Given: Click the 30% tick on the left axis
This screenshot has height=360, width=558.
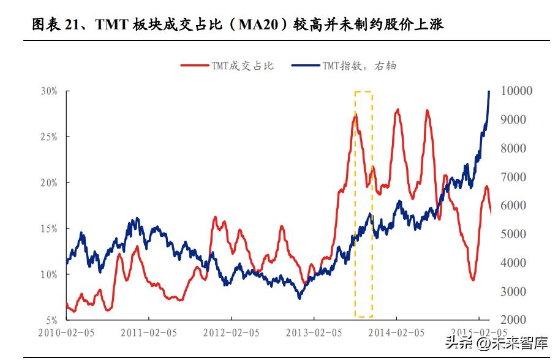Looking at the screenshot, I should pyautogui.click(x=49, y=91).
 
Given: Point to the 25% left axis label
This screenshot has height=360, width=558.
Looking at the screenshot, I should pyautogui.click(x=49, y=137).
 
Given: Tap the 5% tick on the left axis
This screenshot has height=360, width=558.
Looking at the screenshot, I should pyautogui.click(x=51, y=320).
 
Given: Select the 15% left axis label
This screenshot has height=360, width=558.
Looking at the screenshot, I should pyautogui.click(x=49, y=228).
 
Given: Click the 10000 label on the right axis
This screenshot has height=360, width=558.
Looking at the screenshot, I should pyautogui.click(x=517, y=91).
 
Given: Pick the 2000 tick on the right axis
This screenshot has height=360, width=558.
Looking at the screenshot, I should pyautogui.click(x=514, y=320).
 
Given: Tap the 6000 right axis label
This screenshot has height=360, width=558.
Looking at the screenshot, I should pyautogui.click(x=514, y=206).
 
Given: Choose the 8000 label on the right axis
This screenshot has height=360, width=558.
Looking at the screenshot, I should pyautogui.click(x=514, y=148).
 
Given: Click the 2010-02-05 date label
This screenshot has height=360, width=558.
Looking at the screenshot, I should pyautogui.click(x=66, y=333).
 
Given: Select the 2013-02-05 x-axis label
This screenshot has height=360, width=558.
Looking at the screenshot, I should pyautogui.click(x=314, y=333).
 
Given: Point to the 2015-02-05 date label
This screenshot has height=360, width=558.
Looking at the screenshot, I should pyautogui.click(x=478, y=333).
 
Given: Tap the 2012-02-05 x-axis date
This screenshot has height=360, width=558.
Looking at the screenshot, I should pyautogui.click(x=231, y=333).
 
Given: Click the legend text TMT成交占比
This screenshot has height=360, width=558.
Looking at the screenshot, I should pyautogui.click(x=243, y=66).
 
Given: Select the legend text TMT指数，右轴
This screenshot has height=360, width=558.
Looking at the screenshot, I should pyautogui.click(x=360, y=66).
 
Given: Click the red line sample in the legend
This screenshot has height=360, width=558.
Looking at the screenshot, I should pyautogui.click(x=194, y=66).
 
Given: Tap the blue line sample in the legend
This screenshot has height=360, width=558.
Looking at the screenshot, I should pyautogui.click(x=305, y=66).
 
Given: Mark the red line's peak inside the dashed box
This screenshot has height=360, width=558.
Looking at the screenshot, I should pyautogui.click(x=355, y=114).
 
